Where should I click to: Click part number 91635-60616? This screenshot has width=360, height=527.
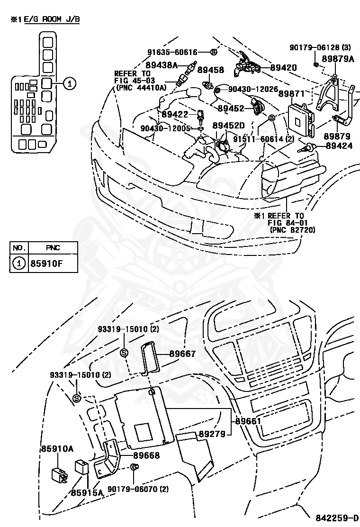pyautogui.click(x=172, y=52)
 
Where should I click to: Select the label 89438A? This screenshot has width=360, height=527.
pyautogui.click(x=161, y=65)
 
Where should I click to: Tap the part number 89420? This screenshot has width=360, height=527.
pyautogui.click(x=284, y=68)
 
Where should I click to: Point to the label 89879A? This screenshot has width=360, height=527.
pyautogui.click(x=338, y=59)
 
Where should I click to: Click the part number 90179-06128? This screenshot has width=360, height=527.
pyautogui.click(x=315, y=47)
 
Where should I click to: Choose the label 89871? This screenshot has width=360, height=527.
pyautogui.click(x=291, y=94)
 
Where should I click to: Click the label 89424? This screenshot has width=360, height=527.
pyautogui.click(x=339, y=145)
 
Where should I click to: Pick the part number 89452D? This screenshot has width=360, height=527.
pyautogui.click(x=228, y=126)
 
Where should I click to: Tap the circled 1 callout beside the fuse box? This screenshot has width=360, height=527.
pyautogui.click(x=69, y=84)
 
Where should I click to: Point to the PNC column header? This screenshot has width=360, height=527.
pyautogui.click(x=53, y=247)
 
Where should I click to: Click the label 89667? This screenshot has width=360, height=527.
pyautogui.click(x=184, y=354)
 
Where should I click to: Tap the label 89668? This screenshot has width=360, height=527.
pyautogui.click(x=146, y=455)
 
